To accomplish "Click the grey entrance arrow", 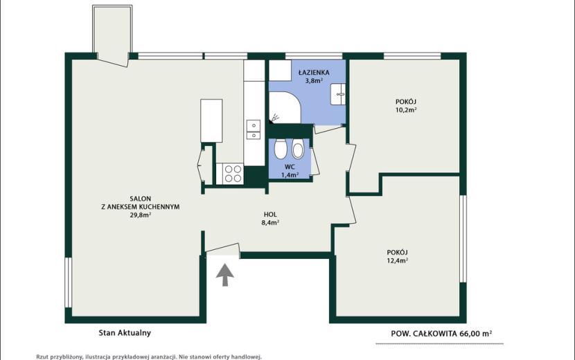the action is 224,275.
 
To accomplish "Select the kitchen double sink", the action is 254,130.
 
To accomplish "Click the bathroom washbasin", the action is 338,94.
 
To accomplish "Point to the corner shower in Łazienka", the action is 285,107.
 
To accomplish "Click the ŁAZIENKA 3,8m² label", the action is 314,77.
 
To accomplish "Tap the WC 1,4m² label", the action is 290,171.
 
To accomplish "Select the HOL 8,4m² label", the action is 270,219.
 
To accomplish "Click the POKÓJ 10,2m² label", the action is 405,106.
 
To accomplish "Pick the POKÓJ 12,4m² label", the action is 397,257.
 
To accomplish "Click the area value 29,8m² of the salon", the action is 141,215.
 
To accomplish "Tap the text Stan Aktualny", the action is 125,333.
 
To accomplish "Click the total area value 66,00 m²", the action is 475,334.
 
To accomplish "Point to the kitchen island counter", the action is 211,120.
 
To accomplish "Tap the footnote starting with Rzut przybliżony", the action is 149,357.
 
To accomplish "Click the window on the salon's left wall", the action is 68,282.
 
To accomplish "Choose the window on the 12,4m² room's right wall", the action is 463,239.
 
